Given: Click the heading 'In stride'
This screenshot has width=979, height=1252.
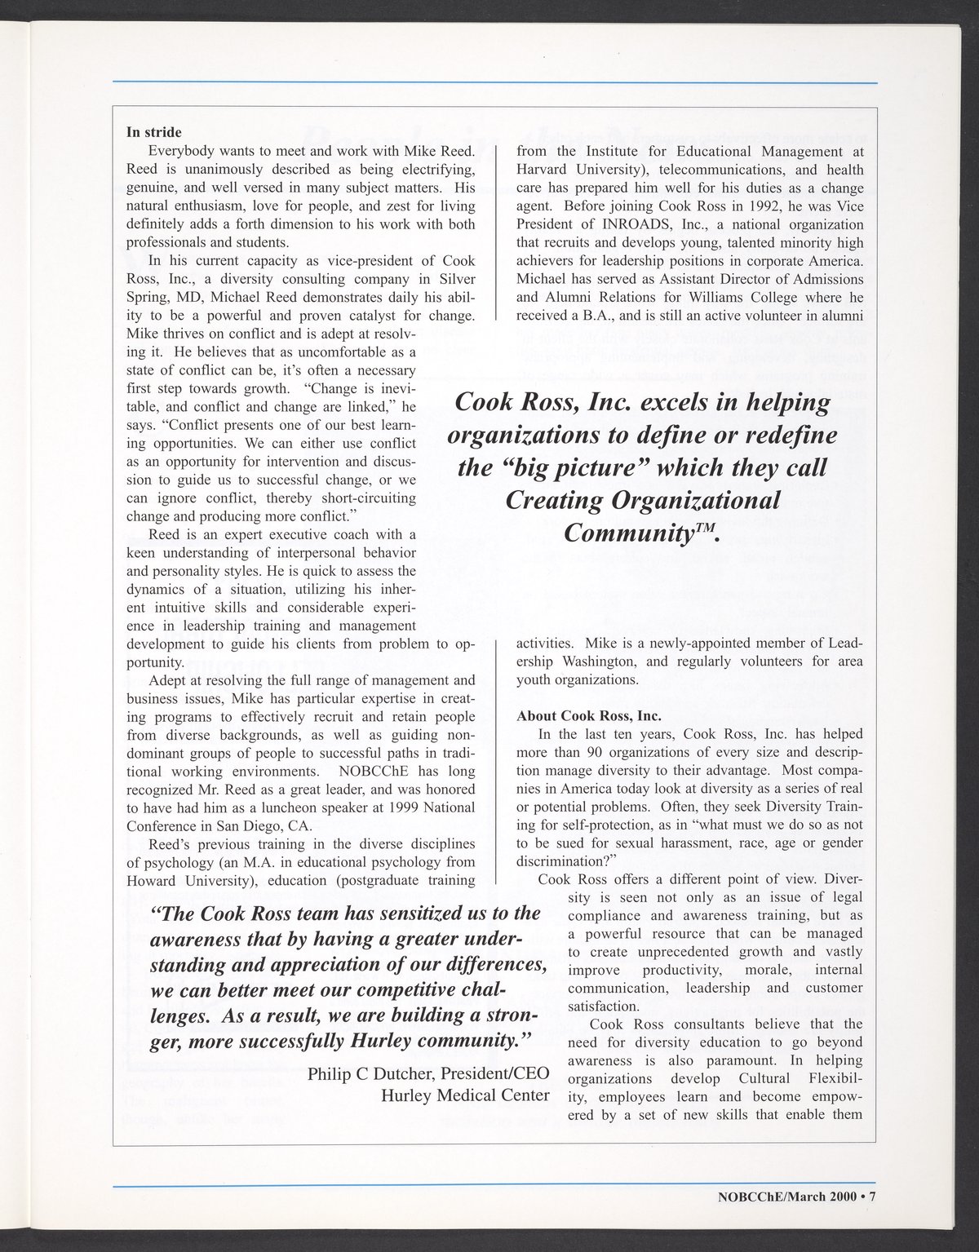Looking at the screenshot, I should (154, 132).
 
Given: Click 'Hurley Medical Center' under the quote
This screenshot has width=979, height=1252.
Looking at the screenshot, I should (465, 1095).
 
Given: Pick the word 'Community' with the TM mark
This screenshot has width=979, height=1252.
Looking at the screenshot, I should (635, 533).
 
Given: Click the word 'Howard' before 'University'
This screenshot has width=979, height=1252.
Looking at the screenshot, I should (148, 880).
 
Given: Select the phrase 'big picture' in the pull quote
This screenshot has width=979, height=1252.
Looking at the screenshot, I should (588, 468).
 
